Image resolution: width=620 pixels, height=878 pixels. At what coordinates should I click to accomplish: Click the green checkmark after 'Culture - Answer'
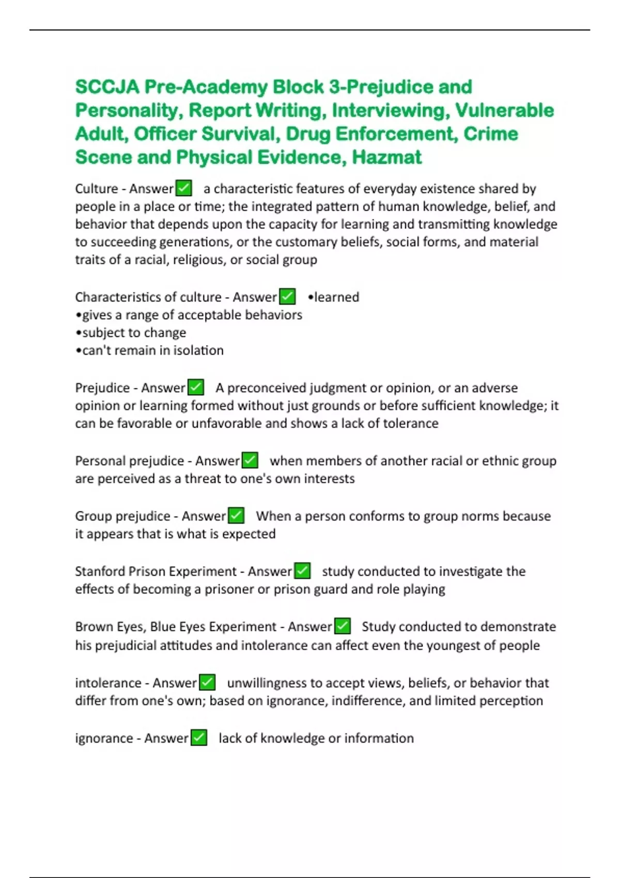[184, 188]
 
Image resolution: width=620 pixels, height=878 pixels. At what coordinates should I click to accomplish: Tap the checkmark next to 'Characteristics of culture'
[287, 296]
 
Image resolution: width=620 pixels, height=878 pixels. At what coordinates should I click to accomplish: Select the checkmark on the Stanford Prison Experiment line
[302, 571]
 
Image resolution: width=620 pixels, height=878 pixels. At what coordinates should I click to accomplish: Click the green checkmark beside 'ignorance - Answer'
[199, 738]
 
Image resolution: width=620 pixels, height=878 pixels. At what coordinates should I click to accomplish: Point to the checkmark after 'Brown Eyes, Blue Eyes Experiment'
[343, 626]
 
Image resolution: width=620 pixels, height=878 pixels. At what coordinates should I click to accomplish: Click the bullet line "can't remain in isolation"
[150, 350]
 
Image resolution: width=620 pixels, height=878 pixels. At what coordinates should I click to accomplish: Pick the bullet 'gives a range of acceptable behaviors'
[189, 315]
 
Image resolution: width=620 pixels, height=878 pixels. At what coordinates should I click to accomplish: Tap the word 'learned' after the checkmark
[336, 297]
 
